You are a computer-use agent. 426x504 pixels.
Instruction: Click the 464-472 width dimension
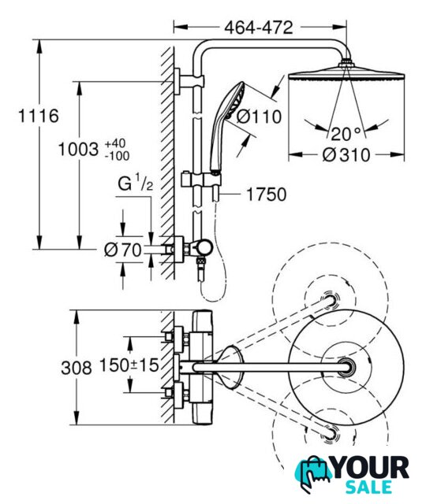pos(259,28)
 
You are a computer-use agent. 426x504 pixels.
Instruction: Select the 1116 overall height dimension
pos(39,116)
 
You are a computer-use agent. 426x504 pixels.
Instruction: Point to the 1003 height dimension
pos(78,150)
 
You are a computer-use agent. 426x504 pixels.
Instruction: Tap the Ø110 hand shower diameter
pos(259,117)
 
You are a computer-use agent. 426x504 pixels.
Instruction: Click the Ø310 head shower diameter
pos(346,155)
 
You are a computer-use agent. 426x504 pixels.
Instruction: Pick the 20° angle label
pos(346,134)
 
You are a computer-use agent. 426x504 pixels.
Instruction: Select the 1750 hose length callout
pos(267,195)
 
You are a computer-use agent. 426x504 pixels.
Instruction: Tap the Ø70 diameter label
pos(123,250)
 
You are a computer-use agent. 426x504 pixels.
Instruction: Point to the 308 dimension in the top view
pos(77,368)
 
